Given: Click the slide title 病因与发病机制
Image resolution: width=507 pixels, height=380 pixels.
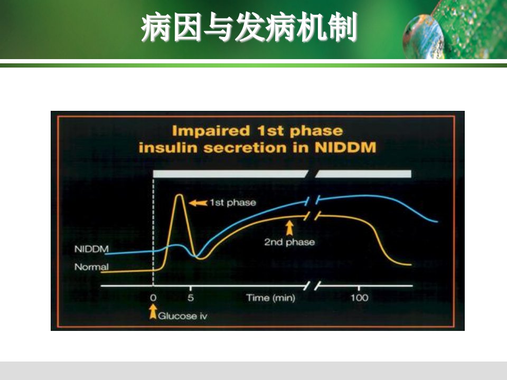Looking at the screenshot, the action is (249, 27).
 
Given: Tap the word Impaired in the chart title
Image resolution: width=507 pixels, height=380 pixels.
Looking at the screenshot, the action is (211, 131).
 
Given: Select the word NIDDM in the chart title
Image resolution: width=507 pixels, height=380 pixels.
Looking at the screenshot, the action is (345, 147).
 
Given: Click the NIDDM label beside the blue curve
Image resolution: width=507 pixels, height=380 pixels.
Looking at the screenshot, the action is (91, 249).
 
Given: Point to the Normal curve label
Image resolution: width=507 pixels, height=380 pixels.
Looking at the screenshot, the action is (91, 267).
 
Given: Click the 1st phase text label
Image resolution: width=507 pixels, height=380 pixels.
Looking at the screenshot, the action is (233, 203).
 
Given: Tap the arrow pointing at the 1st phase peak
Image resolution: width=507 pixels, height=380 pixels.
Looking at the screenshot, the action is (198, 203).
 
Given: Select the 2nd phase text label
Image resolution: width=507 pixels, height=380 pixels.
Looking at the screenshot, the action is (289, 242).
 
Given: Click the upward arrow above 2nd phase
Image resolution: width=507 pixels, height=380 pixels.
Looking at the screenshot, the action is (289, 228).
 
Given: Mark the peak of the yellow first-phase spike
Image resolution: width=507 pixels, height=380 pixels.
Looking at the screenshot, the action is (179, 195).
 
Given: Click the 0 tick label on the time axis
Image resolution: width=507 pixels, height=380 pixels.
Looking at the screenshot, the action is (153, 298).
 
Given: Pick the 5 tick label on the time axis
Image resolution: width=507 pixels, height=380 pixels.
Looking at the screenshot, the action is (191, 298).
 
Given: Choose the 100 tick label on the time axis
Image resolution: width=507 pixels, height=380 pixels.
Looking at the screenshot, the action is (359, 298).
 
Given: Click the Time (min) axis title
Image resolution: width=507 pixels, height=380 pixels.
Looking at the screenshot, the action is (270, 298).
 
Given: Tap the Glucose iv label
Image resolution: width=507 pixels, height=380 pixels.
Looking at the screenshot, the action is (182, 316).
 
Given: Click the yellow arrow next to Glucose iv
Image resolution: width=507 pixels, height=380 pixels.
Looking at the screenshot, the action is (153, 312).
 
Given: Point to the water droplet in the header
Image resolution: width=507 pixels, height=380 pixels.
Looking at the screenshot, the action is (424, 37).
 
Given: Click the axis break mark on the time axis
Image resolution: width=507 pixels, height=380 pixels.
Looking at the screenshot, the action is (313, 286).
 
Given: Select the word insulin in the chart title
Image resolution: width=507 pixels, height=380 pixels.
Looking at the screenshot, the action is (168, 147).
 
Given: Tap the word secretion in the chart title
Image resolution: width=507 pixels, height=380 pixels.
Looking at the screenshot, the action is (245, 148).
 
